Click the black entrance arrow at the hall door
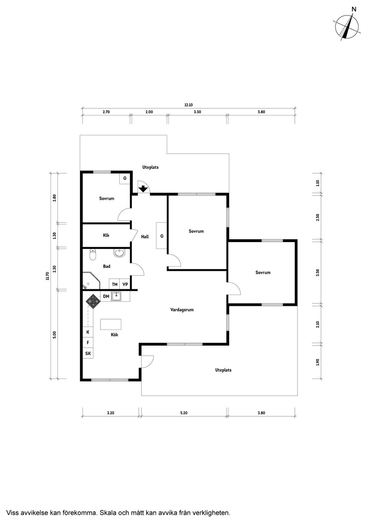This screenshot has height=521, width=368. pos(143,189)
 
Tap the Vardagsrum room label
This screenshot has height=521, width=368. pos(182,310)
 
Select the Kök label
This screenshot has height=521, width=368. pos(114,335)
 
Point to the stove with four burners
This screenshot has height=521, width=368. pos(93,301)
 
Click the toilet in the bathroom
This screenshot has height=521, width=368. pos(92,254)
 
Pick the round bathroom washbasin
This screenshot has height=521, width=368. pos(120,253)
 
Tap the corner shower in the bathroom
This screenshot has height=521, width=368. pos(90,281)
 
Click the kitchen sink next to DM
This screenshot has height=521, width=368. pos(117,296)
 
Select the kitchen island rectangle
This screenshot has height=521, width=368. pos(110,325)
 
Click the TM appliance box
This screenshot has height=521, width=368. pos(115,284)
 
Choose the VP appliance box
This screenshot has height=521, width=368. pos(125,284)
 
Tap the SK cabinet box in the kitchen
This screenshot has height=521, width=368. pos(88,353)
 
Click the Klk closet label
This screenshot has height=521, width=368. pos(106,235)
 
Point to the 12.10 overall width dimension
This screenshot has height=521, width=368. pos(188,105)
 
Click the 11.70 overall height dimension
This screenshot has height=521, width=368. pos(47,276)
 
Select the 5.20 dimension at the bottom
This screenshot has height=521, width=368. pos(184,413)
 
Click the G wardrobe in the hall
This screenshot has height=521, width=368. pos(162,236)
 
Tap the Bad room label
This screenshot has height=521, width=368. pos(107,266)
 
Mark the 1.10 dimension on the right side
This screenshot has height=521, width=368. pos(317,183)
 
